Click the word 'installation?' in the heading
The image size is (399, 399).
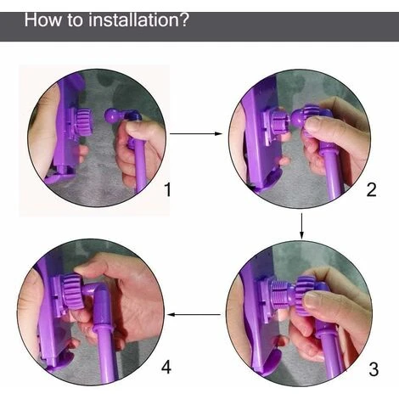[x=138, y=20]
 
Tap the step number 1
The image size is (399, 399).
[x=168, y=189]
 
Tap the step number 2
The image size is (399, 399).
[x=371, y=189]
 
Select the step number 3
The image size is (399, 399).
[x=374, y=369]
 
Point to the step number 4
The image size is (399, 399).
[x=166, y=368]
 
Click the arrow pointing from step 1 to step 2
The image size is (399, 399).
[x=196, y=133]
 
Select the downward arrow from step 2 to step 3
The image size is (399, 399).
[x=301, y=226]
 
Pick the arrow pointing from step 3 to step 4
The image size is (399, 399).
[x=194, y=314]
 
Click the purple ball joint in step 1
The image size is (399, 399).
[x=112, y=115]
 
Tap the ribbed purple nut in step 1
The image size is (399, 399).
[x=84, y=122]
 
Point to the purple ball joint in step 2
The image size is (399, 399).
[x=298, y=119]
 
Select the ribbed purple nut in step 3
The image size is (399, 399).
[x=305, y=295]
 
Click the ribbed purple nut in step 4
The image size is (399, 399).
[x=73, y=292]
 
